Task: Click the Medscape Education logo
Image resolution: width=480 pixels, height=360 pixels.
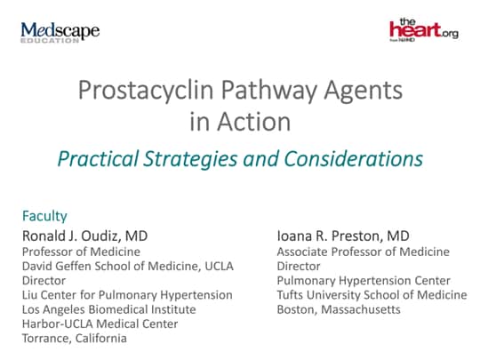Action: (60, 33)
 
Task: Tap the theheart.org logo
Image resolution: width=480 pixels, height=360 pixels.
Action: (423, 30)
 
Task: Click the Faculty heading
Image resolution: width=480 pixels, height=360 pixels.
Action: (44, 216)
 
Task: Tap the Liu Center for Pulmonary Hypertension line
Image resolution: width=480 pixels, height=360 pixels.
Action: (127, 294)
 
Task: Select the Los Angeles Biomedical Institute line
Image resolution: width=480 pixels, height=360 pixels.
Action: (110, 308)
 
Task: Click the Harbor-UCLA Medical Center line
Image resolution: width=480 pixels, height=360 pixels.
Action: (100, 324)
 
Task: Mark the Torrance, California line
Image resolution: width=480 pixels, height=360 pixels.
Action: (75, 338)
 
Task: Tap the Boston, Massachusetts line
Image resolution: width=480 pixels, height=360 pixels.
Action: (339, 309)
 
